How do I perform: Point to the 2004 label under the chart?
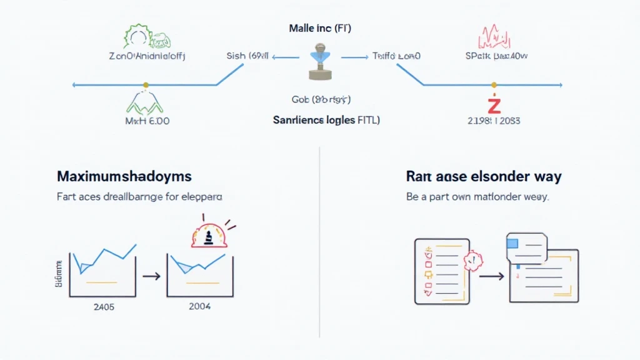click(199, 306)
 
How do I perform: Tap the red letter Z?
click(494, 102)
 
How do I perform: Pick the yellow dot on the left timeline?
click(146, 84)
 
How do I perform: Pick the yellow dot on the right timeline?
click(494, 84)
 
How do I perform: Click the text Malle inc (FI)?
click(319, 29)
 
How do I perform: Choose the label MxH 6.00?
click(147, 120)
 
